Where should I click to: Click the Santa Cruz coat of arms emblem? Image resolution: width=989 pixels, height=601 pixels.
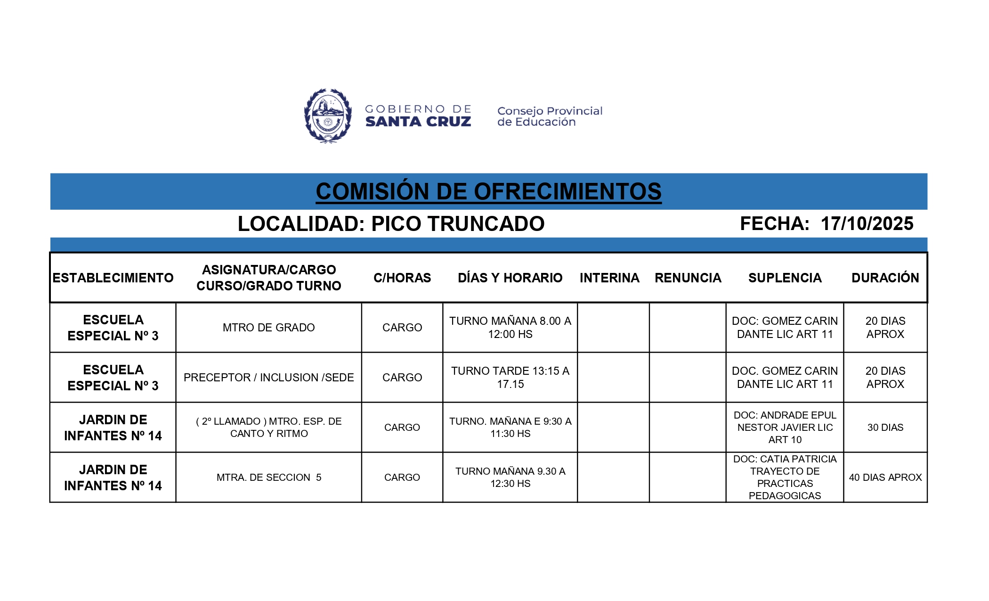(328, 115)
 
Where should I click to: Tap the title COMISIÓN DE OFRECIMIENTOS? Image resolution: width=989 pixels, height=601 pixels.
(488, 191)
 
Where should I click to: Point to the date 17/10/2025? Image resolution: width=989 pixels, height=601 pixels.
(867, 223)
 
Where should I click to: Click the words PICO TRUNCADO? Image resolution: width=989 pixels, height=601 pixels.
(457, 224)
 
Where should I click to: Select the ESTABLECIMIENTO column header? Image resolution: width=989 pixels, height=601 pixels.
(113, 278)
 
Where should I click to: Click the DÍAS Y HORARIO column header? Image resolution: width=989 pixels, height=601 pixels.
(510, 278)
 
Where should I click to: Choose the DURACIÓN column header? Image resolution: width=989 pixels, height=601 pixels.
(885, 278)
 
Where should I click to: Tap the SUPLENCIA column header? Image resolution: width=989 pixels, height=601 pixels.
(785, 278)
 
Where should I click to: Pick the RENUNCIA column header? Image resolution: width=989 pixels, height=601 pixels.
(688, 278)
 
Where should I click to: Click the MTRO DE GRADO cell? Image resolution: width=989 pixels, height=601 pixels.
(268, 328)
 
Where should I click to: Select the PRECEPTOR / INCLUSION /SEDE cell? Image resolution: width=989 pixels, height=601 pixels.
(268, 378)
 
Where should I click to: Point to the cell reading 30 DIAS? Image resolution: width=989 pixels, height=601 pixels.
(885, 428)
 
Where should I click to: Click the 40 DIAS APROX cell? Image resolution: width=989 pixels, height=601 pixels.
(885, 478)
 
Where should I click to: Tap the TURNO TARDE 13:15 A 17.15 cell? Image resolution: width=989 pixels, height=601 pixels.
(510, 378)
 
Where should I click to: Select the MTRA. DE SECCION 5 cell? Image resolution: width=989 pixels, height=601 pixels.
(268, 478)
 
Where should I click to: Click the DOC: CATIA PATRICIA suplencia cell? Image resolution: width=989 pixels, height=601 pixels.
(785, 477)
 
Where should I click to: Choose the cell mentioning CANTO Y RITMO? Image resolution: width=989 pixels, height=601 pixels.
(268, 428)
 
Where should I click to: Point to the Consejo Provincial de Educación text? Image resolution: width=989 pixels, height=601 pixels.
(550, 116)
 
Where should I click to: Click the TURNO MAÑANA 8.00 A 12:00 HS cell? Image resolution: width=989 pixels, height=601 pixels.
(510, 328)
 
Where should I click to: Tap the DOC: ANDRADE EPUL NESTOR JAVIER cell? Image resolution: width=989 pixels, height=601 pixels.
(785, 428)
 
